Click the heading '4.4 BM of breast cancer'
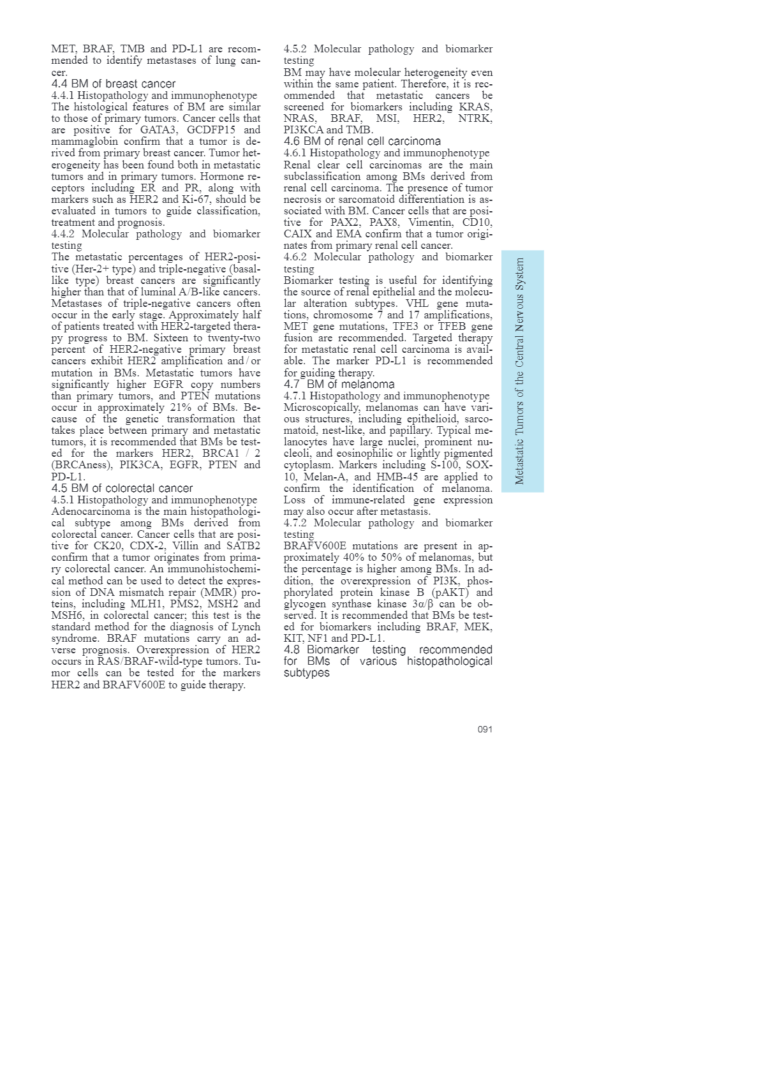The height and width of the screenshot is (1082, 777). point(113,84)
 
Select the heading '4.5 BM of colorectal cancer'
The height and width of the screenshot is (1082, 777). point(122,488)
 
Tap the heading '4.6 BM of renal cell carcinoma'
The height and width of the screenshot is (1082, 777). point(362,141)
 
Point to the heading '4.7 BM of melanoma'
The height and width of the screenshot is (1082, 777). point(339,384)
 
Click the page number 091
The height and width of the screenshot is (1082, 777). point(485,729)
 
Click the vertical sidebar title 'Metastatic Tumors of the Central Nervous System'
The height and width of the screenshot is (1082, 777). point(521,371)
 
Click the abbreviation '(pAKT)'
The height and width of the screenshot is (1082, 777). point(450,592)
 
